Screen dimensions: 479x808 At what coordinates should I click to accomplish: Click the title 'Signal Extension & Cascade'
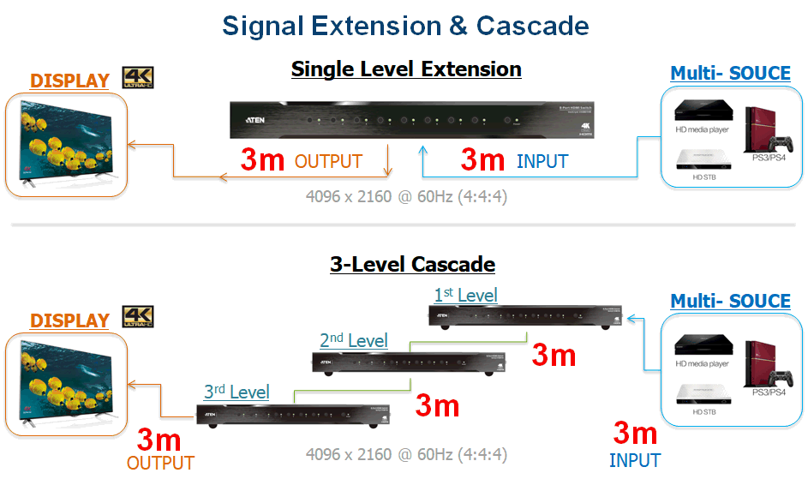405,26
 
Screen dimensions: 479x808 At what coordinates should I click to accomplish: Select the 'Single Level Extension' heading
406,69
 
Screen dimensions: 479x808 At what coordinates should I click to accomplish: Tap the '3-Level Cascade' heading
412,264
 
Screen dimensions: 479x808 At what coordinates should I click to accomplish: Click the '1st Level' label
465,296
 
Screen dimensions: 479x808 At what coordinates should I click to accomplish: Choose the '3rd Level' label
236,392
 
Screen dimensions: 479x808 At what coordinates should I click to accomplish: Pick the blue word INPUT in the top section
542,161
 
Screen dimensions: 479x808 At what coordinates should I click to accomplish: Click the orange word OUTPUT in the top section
328,161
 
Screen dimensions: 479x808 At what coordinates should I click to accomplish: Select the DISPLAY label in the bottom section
69,320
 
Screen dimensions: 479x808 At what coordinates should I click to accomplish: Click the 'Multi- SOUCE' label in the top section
730,73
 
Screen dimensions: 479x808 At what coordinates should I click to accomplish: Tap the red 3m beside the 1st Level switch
554,354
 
